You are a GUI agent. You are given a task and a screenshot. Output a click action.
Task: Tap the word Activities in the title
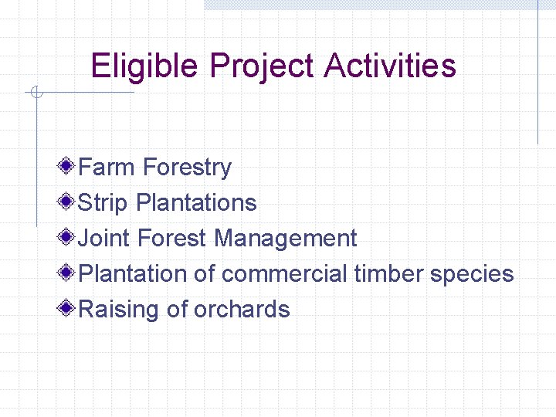pyautogui.click(x=390, y=66)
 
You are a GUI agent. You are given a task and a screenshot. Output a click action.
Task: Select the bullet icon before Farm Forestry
pyautogui.click(x=68, y=166)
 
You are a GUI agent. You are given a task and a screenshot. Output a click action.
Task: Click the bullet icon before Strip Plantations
pyautogui.click(x=68, y=202)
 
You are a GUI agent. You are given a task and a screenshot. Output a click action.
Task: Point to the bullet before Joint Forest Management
pyautogui.click(x=68, y=237)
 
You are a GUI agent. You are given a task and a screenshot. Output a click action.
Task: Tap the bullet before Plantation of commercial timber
pyautogui.click(x=68, y=273)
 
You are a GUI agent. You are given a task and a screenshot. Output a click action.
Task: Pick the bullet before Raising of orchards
pyautogui.click(x=68, y=308)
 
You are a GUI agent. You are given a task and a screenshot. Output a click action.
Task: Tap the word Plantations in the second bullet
pyautogui.click(x=196, y=202)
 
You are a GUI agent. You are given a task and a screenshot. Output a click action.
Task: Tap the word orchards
pyautogui.click(x=242, y=309)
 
